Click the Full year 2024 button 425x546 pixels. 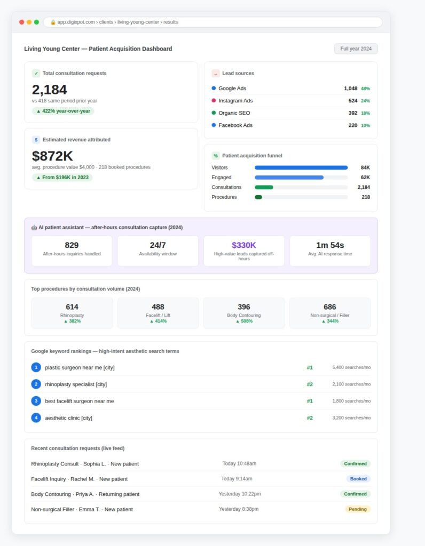(x=356, y=49)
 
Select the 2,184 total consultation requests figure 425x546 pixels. (x=49, y=90)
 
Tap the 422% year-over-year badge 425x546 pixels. (x=63, y=111)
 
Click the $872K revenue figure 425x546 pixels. (x=52, y=156)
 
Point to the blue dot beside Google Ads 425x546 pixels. (x=214, y=88)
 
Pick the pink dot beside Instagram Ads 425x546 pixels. (x=214, y=100)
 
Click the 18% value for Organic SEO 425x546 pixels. (x=365, y=113)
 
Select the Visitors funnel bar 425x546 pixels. (x=301, y=167)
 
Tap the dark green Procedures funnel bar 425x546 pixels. (x=258, y=197)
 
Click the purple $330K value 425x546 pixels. (x=243, y=245)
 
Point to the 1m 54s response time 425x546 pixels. (x=330, y=245)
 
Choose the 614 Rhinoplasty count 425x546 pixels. (x=72, y=307)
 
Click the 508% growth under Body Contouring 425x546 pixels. (x=244, y=321)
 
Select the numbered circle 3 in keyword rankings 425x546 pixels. (x=36, y=401)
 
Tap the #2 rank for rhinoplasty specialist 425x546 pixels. (x=310, y=384)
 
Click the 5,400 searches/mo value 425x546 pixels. (x=351, y=367)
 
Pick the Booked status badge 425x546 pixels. (x=358, y=479)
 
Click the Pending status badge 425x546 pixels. (x=357, y=509)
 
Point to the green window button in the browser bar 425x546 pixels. (x=36, y=22)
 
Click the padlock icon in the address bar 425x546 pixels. (x=53, y=22)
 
